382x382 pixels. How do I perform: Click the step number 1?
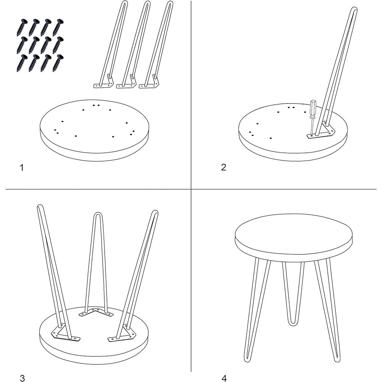pos(22,168)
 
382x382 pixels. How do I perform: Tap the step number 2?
pos(223,167)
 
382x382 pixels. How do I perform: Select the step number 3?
pos(22,378)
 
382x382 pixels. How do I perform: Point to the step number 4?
pos(224,378)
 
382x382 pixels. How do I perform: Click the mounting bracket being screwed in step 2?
pos(321,133)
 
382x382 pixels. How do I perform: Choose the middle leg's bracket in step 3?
pos(96,312)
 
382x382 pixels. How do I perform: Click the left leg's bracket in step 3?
pos(65,333)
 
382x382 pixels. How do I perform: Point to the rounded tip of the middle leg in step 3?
pos(97,214)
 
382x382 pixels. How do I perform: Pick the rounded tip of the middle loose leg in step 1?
pos(147,4)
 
